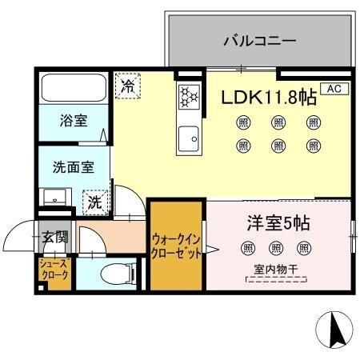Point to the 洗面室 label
point(74,168)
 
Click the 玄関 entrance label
point(55,237)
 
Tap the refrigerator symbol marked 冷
point(127,86)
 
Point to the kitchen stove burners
point(188,97)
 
